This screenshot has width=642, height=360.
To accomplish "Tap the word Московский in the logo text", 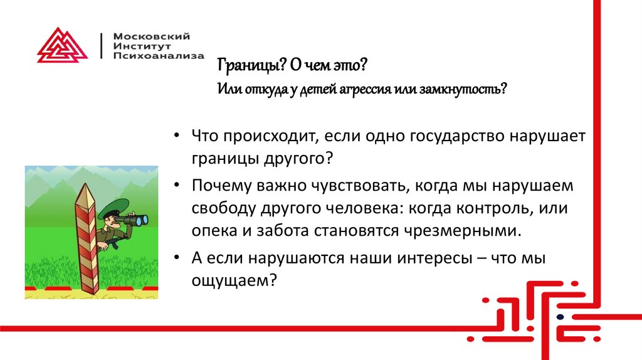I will tap(150, 36).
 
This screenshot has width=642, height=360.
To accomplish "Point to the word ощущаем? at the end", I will tap(234, 280).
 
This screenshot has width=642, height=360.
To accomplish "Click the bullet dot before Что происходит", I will tap(179, 137).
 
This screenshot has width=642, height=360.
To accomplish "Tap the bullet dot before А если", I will tap(179, 259).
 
